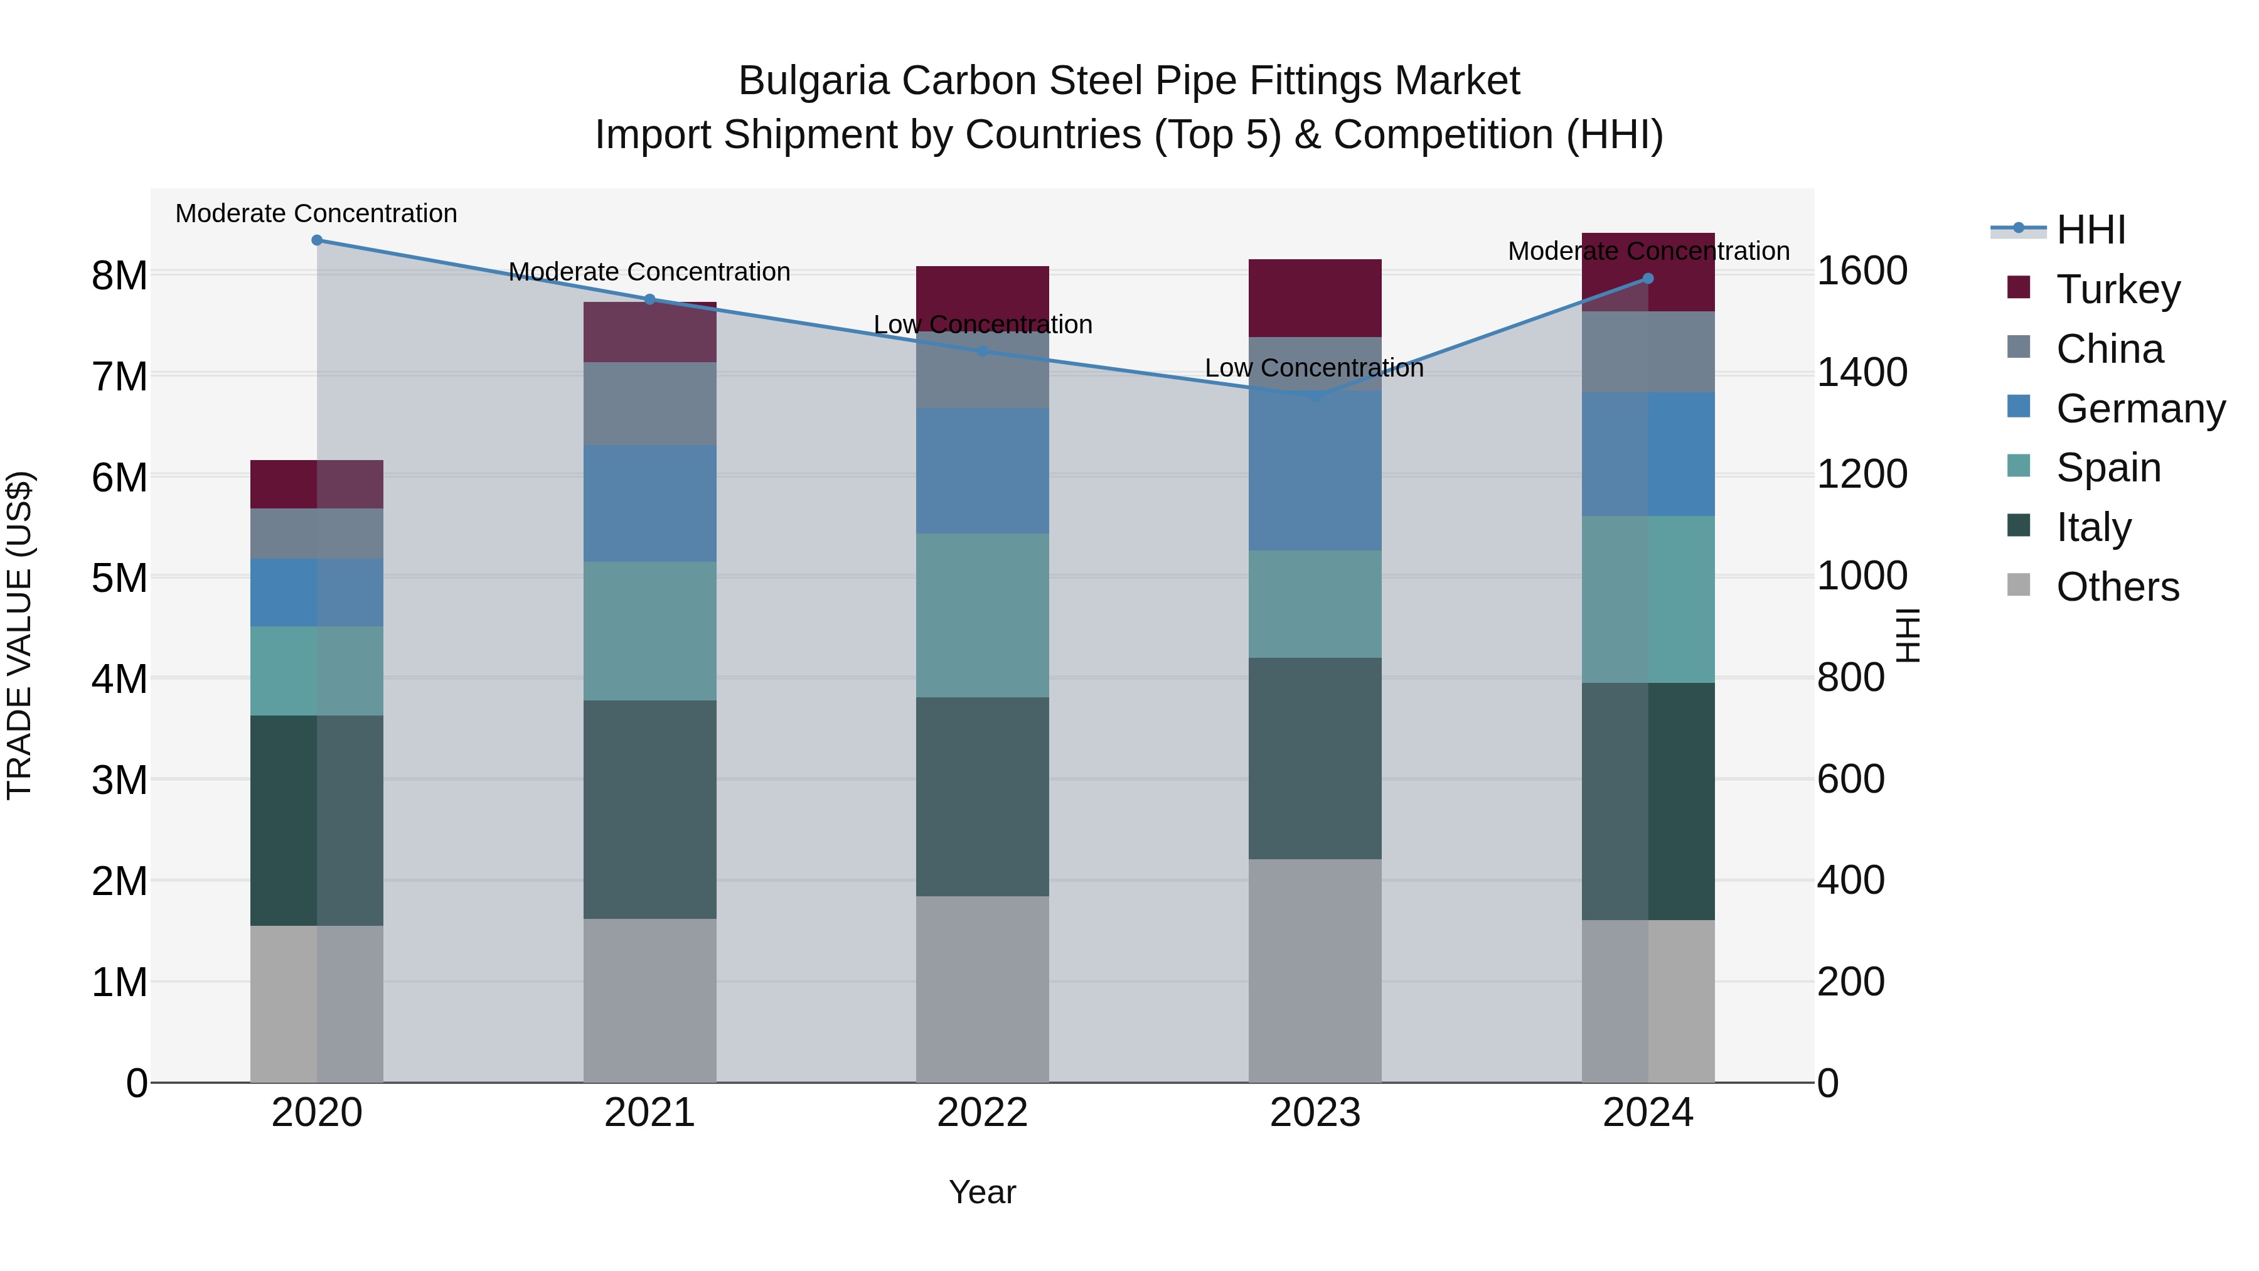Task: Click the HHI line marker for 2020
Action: pyautogui.click(x=317, y=240)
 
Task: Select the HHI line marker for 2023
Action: pyautogui.click(x=1315, y=397)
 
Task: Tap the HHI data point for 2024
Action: pyautogui.click(x=1648, y=279)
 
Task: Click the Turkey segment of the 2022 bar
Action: pyautogui.click(x=982, y=294)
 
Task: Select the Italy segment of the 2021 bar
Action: pyautogui.click(x=650, y=809)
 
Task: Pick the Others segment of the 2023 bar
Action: pyautogui.click(x=1315, y=970)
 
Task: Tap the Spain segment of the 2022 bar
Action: pyautogui.click(x=982, y=615)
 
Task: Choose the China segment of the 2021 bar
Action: pyautogui.click(x=650, y=404)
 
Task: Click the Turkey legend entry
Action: pyautogui.click(x=2118, y=289)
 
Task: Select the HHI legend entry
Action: pyautogui.click(x=2091, y=230)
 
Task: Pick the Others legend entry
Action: pyautogui.click(x=2117, y=587)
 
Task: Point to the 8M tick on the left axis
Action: pyautogui.click(x=119, y=276)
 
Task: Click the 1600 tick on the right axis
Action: pyautogui.click(x=1861, y=271)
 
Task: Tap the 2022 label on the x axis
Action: pyautogui.click(x=982, y=1113)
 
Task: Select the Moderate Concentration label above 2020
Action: pyautogui.click(x=317, y=214)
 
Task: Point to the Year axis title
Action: pyautogui.click(x=982, y=1192)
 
